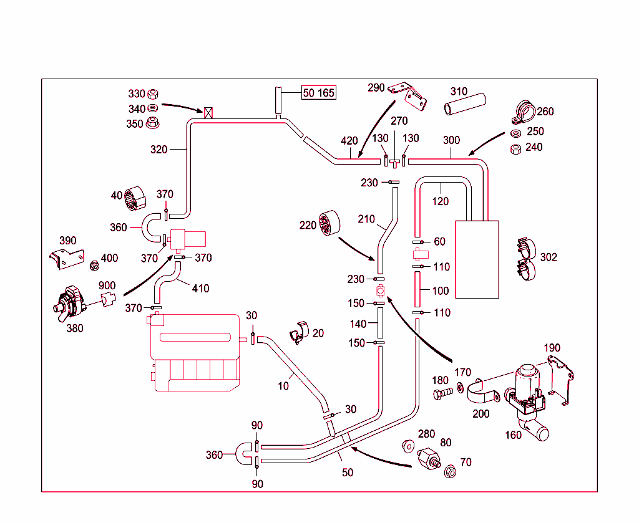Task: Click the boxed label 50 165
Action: point(319,93)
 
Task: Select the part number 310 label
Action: point(459,92)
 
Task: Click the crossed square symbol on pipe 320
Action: point(210,112)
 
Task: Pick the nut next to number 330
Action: point(152,94)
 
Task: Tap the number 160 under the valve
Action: point(513,435)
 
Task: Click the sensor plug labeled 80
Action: point(429,459)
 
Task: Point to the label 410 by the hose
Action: point(200,289)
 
